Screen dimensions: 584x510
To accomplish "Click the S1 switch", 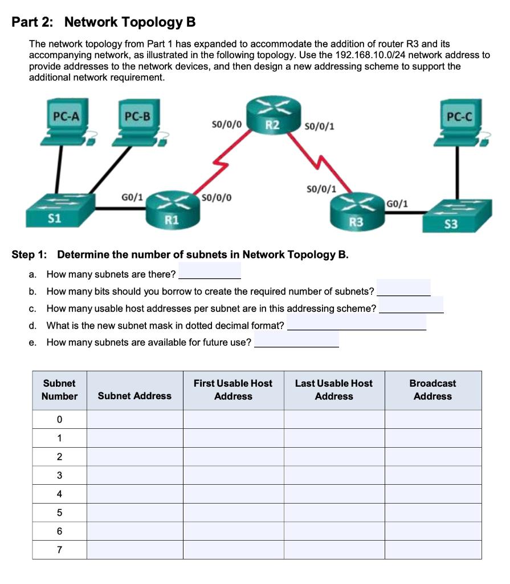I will (58, 211).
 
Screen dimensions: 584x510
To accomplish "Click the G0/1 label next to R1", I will (132, 197).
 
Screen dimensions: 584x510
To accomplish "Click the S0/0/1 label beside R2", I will (320, 125).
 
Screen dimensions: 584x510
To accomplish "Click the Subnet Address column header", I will (134, 396).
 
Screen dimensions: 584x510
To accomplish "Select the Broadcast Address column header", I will (433, 390).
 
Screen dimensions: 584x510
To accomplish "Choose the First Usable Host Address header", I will (233, 390).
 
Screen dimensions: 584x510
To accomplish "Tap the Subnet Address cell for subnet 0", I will (134, 419).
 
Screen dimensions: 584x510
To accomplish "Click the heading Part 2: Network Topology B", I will (104, 22).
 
